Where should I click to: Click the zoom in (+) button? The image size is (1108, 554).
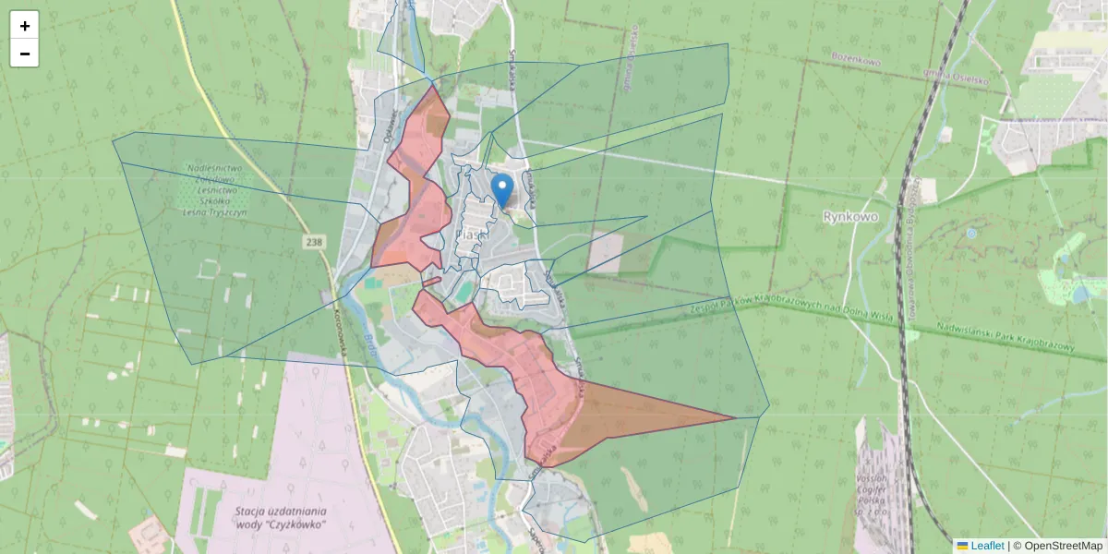(x=25, y=26)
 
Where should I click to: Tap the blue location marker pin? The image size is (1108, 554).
(x=502, y=191)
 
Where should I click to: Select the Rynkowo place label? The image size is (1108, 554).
(x=849, y=216)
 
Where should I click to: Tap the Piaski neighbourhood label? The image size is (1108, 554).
(x=472, y=235)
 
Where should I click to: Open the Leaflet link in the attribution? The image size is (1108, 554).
(x=987, y=546)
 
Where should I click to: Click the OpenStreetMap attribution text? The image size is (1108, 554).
(x=1057, y=546)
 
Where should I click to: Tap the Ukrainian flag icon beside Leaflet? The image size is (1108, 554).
(x=962, y=546)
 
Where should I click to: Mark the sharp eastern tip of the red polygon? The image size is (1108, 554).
(x=734, y=418)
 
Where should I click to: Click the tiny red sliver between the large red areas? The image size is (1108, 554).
(x=431, y=281)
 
